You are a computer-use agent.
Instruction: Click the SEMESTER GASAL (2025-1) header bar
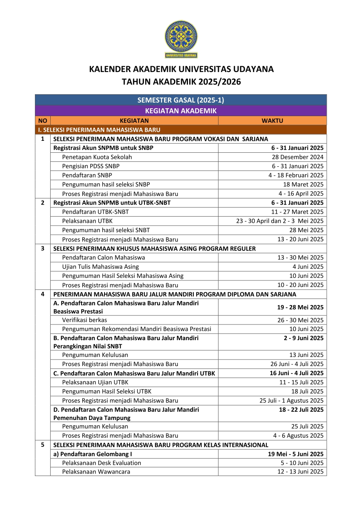pyautogui.click(x=181, y=100)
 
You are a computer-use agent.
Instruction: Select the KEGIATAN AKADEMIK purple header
pyautogui.click(x=181, y=111)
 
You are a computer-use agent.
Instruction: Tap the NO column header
pyautogui.click(x=43, y=121)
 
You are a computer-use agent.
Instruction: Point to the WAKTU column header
pyautogui.click(x=272, y=121)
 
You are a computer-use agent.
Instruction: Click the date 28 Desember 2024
pyautogui.click(x=297, y=157)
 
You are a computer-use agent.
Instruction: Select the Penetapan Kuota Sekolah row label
pyautogui.click(x=97, y=157)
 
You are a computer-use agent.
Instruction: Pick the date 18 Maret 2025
pyautogui.click(x=303, y=184)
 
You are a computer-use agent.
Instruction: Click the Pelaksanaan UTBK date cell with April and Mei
pyautogui.click(x=280, y=221)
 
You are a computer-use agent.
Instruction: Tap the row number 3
pyautogui.click(x=43, y=248)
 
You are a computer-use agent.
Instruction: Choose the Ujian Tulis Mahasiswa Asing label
pyautogui.click(x=100, y=267)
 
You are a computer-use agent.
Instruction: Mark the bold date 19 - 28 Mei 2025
pyautogui.click(x=300, y=307)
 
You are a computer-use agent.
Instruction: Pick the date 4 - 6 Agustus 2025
pyautogui.click(x=298, y=436)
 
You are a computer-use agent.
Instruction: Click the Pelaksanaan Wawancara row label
pyautogui.click(x=96, y=472)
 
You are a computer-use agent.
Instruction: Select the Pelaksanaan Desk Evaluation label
pyautogui.click(x=102, y=463)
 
